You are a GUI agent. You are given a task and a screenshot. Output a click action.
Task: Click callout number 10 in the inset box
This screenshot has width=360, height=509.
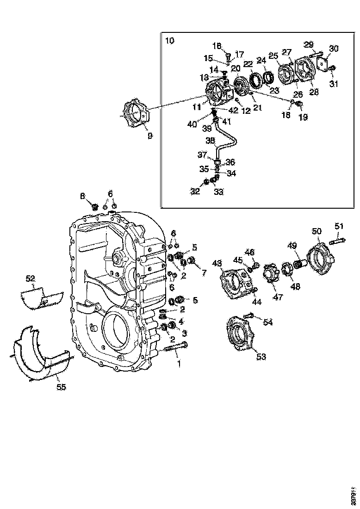click(170, 41)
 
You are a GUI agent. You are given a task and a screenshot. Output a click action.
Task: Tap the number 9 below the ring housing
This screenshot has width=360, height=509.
click(149, 136)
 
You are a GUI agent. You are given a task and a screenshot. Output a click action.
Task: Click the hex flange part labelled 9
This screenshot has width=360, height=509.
click(135, 113)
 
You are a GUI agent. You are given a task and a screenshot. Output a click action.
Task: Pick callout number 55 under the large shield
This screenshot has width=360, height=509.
click(61, 387)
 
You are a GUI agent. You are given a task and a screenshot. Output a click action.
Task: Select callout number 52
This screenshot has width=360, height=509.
click(31, 278)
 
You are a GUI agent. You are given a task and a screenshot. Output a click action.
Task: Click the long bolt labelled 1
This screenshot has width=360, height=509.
click(176, 347)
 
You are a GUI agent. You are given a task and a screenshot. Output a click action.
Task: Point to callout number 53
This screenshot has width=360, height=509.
click(261, 356)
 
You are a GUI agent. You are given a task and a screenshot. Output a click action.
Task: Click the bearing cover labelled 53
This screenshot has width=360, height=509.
click(240, 333)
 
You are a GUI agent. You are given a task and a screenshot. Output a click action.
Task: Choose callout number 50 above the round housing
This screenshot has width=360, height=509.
click(317, 231)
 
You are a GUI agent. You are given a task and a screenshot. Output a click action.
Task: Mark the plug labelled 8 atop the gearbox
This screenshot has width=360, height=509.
click(95, 206)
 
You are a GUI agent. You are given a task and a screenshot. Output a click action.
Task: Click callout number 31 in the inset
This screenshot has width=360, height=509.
click(333, 83)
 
